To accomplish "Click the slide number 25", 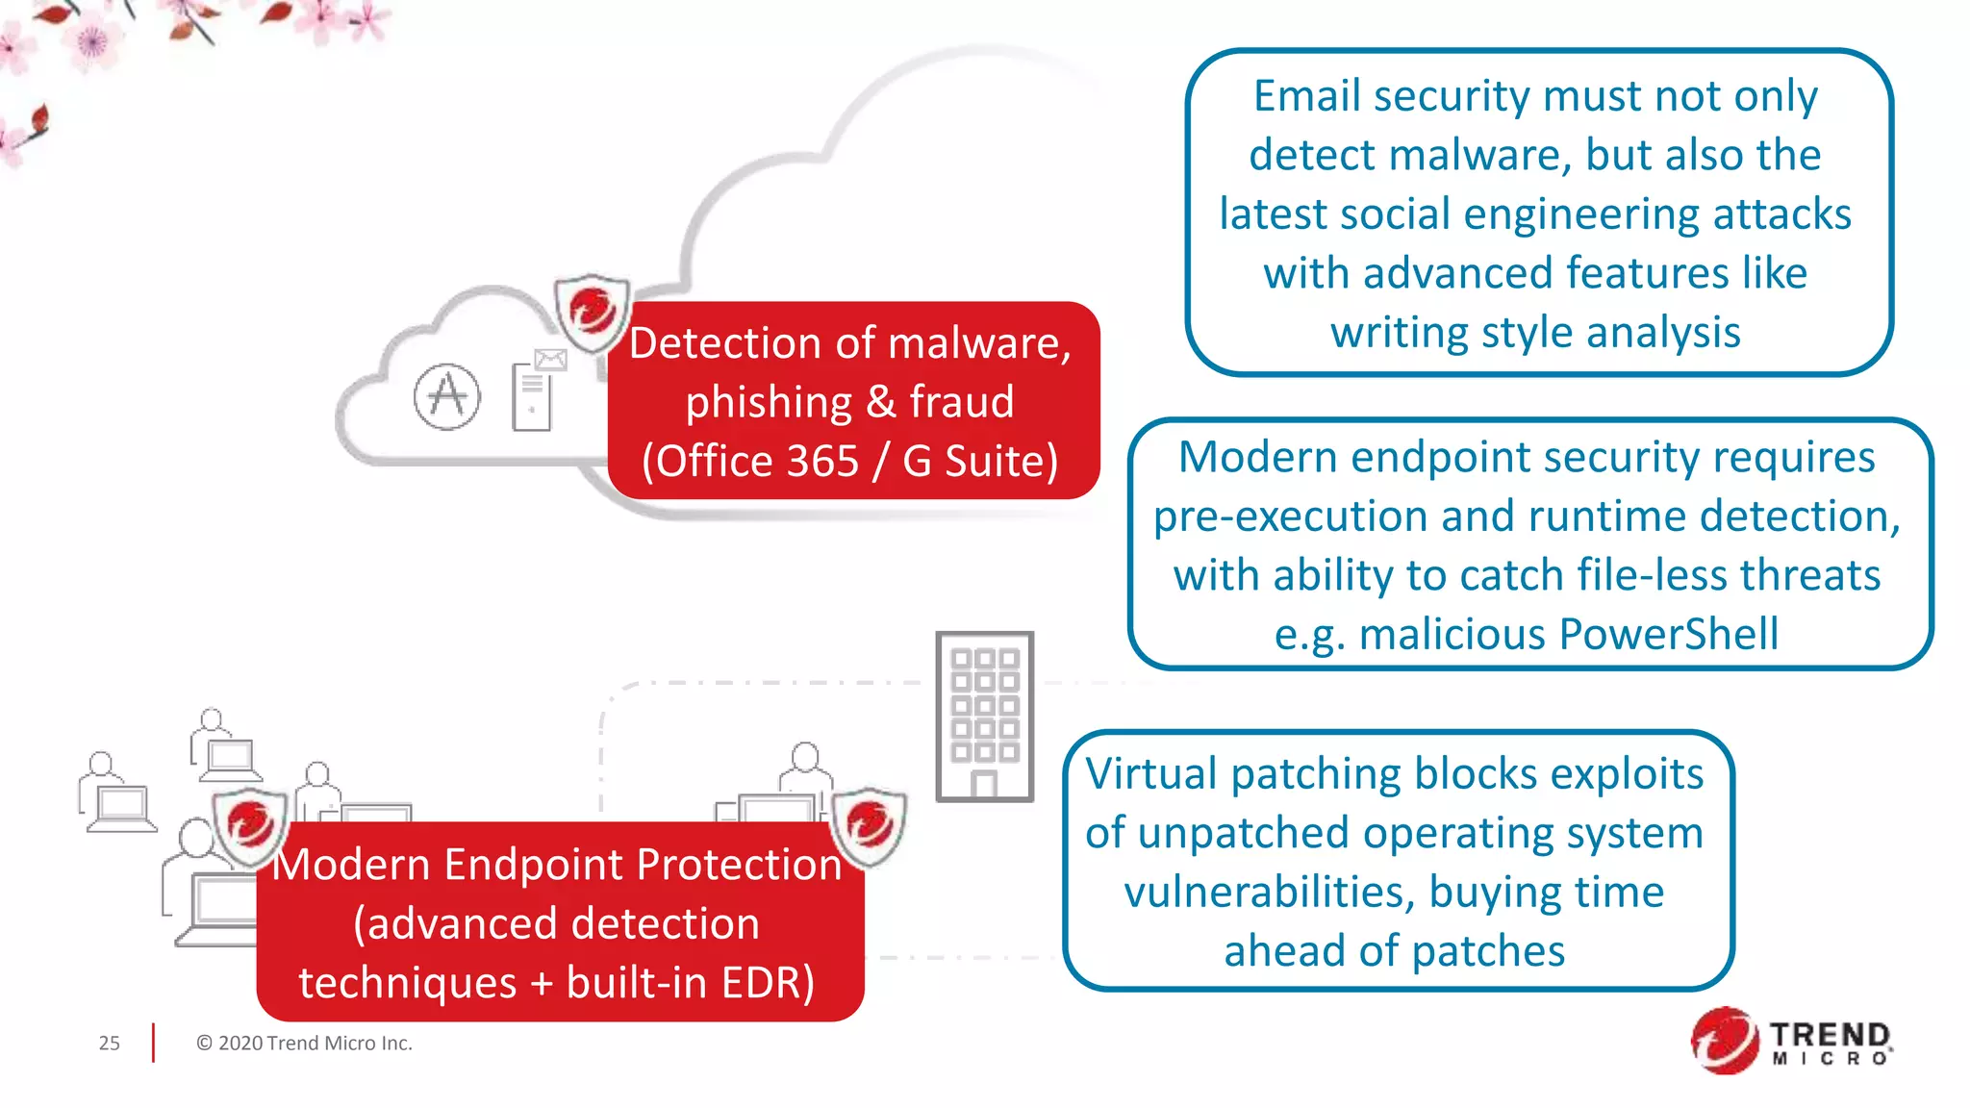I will (109, 1043).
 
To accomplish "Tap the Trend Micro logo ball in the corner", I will (1725, 1041).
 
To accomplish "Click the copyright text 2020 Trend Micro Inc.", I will (304, 1043).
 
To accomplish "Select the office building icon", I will (984, 717).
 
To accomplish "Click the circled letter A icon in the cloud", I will (447, 396).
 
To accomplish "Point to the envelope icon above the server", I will (550, 360).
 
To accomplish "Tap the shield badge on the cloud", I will (592, 312).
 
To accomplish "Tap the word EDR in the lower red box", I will (768, 983).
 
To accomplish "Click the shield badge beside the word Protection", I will (869, 823).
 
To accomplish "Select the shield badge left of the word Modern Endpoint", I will (250, 823).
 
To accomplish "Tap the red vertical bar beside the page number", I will (153, 1043).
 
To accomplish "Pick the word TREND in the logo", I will (1830, 1035).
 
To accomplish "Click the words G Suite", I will (978, 461).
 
